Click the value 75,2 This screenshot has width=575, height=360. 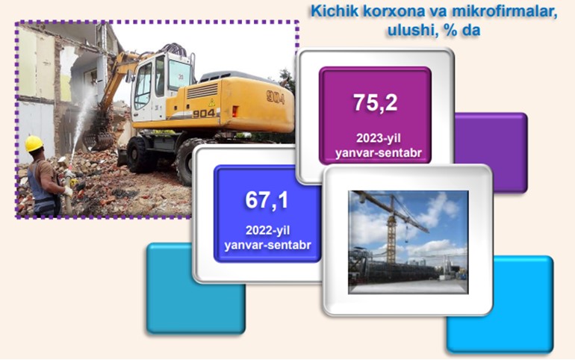pos(375,102)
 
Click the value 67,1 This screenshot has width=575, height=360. pos(267,200)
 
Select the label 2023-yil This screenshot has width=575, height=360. pos(378,138)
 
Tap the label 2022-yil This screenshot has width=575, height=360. pos(267,230)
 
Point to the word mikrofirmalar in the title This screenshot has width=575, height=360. pos(505,11)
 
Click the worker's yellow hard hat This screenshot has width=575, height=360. pos(34,143)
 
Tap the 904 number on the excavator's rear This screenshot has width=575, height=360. pos(276,98)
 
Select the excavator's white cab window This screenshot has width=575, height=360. pos(143,85)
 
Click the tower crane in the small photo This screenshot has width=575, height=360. pos(394,223)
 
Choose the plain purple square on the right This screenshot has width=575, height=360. pos(491,153)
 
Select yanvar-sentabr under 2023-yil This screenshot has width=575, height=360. pos(379,152)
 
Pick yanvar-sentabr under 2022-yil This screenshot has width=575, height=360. pos(267,244)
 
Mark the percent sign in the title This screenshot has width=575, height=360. pos(450,30)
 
